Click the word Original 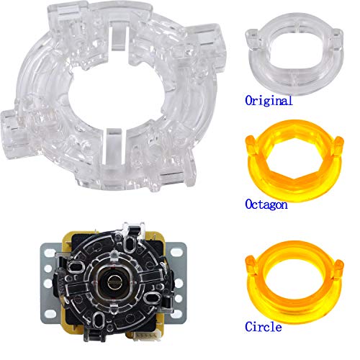(x=269, y=100)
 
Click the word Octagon (x=266, y=205)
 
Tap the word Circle (x=264, y=327)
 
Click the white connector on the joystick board (x=148, y=336)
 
